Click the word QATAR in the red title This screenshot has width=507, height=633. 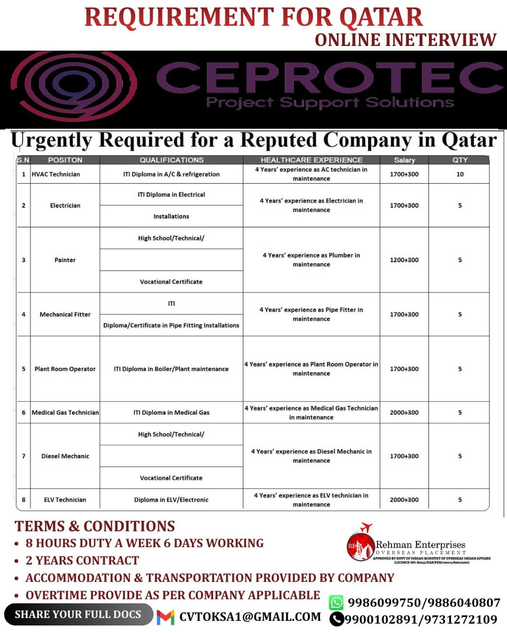click(381, 17)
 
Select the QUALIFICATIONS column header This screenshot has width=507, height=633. click(171, 160)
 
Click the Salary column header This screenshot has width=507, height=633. click(404, 160)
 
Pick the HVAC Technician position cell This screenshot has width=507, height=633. click(56, 174)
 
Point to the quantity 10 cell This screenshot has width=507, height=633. click(460, 174)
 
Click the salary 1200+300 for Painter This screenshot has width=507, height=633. click(404, 260)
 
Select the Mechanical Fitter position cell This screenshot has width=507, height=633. click(65, 314)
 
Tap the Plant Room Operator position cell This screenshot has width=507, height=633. click(65, 369)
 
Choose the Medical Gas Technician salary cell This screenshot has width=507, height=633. click(404, 413)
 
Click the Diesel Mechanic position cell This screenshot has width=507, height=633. click(65, 456)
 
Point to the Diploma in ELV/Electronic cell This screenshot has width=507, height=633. click(171, 500)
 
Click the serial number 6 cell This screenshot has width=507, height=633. click(23, 413)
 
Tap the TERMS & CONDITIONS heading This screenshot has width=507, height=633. click(95, 526)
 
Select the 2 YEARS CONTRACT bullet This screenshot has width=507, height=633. click(82, 560)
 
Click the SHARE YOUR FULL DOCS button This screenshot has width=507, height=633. click(78, 614)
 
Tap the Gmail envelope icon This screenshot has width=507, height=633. click(165, 617)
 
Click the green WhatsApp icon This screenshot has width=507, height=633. click(336, 603)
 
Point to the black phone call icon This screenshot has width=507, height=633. click(336, 619)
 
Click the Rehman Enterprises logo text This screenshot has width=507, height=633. click(420, 545)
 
